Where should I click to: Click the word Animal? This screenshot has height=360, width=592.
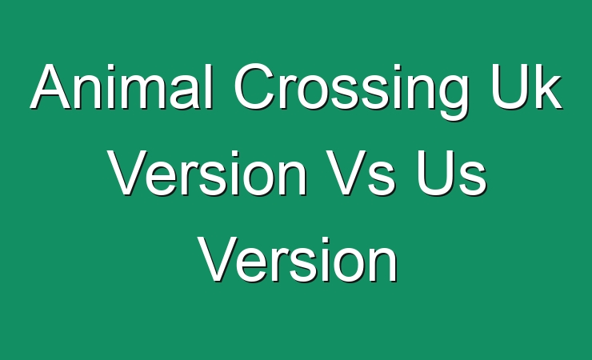[x=122, y=86]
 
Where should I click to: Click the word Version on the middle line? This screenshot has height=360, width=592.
[x=208, y=173]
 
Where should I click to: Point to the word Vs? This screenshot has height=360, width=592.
[x=361, y=173]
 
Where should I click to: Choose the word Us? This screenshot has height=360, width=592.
[x=451, y=173]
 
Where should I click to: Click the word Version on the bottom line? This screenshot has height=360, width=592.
[x=298, y=260]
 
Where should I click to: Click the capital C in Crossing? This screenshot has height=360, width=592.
[x=254, y=86]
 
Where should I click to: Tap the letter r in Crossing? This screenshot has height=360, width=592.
[x=288, y=93]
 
